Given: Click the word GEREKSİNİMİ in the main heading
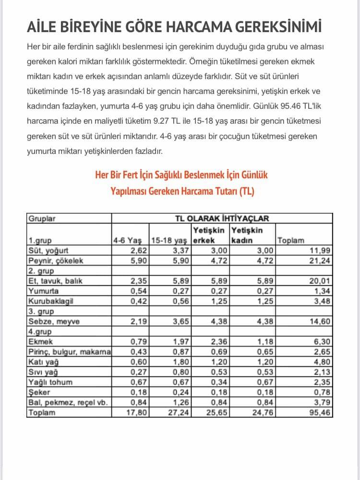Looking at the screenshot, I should [278, 27].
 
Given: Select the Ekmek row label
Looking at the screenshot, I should [41, 341].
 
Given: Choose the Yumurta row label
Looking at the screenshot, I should [44, 291].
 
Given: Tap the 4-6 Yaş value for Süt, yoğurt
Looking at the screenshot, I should [138, 250].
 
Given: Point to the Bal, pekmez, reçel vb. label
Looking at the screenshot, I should [62, 402].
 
